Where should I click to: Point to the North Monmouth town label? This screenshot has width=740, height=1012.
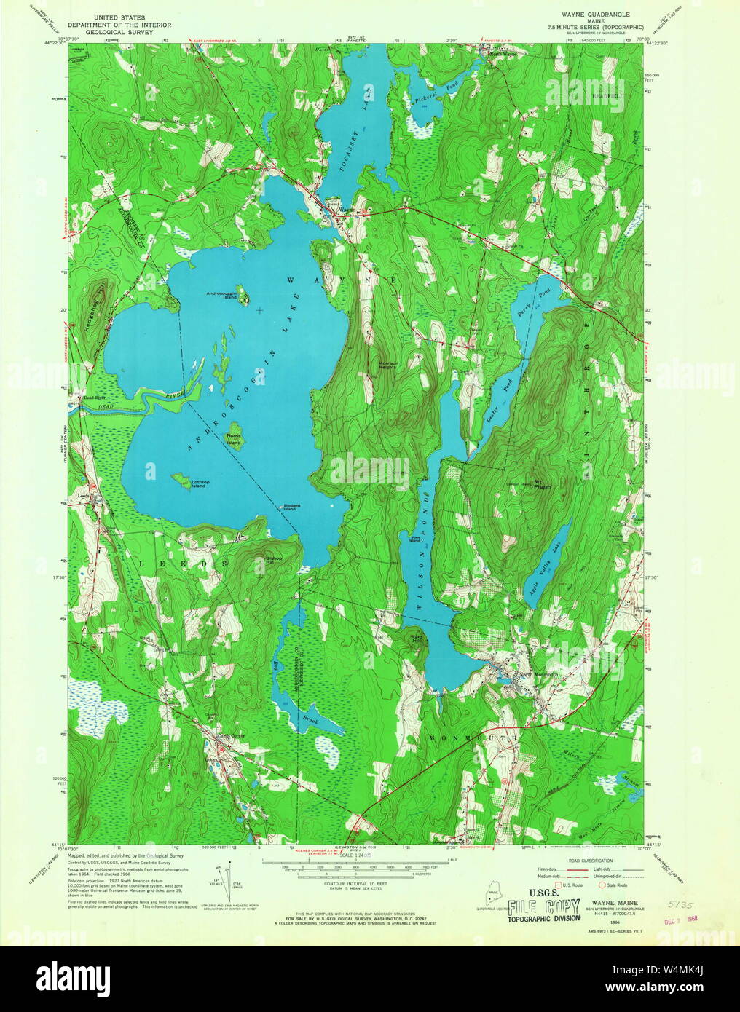click(538, 675)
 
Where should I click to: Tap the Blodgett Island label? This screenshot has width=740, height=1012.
click(292, 507)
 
